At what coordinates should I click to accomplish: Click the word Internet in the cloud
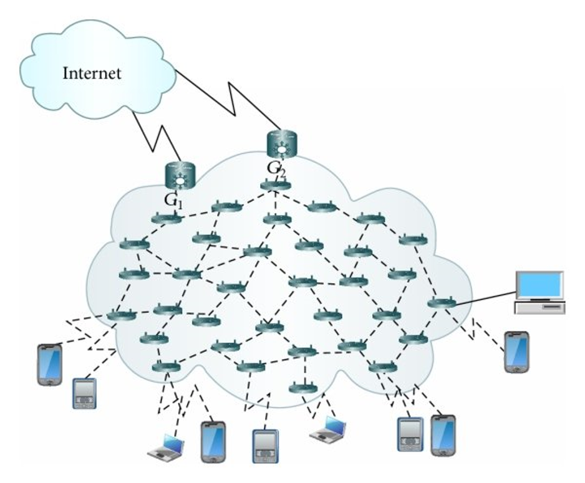[92, 73]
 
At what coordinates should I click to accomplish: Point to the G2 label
[277, 168]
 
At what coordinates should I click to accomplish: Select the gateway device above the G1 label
[180, 176]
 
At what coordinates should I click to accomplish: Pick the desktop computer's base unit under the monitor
[539, 306]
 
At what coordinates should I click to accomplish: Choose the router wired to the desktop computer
[441, 304]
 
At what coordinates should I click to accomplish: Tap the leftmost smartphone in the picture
[50, 364]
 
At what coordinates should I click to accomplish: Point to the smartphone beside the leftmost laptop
[212, 441]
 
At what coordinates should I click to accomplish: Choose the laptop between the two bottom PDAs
[329, 430]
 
